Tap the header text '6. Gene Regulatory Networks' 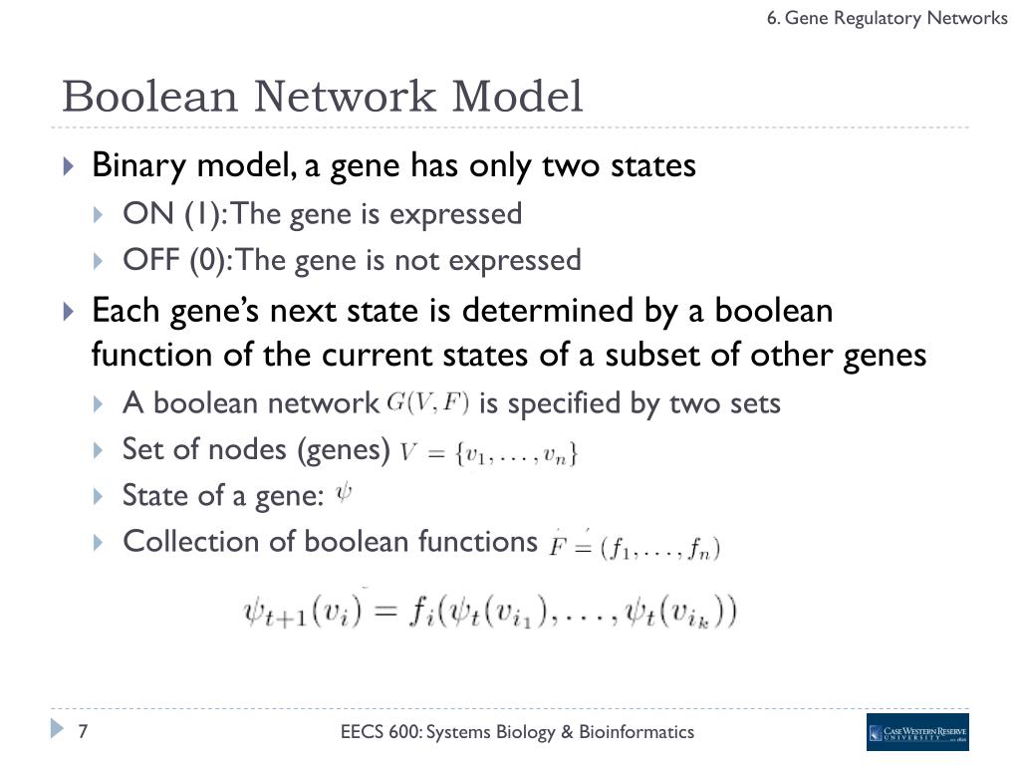(887, 18)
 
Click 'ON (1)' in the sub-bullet (164, 214)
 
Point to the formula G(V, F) (427, 402)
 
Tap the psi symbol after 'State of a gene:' (344, 492)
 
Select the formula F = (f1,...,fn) (635, 546)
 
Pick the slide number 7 (84, 732)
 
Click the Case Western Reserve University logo (916, 732)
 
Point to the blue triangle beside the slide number (57, 730)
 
